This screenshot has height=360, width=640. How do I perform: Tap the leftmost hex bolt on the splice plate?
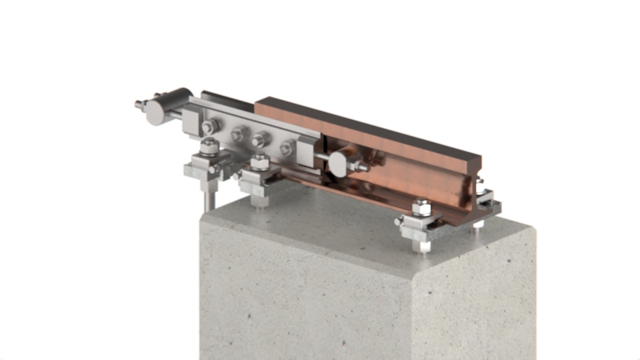point(209,128)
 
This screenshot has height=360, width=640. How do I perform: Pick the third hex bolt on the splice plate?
point(259,142)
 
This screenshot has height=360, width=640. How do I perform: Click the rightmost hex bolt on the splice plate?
point(286,148)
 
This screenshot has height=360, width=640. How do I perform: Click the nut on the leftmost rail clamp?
point(209,147)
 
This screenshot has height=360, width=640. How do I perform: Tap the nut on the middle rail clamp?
point(258,163)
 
